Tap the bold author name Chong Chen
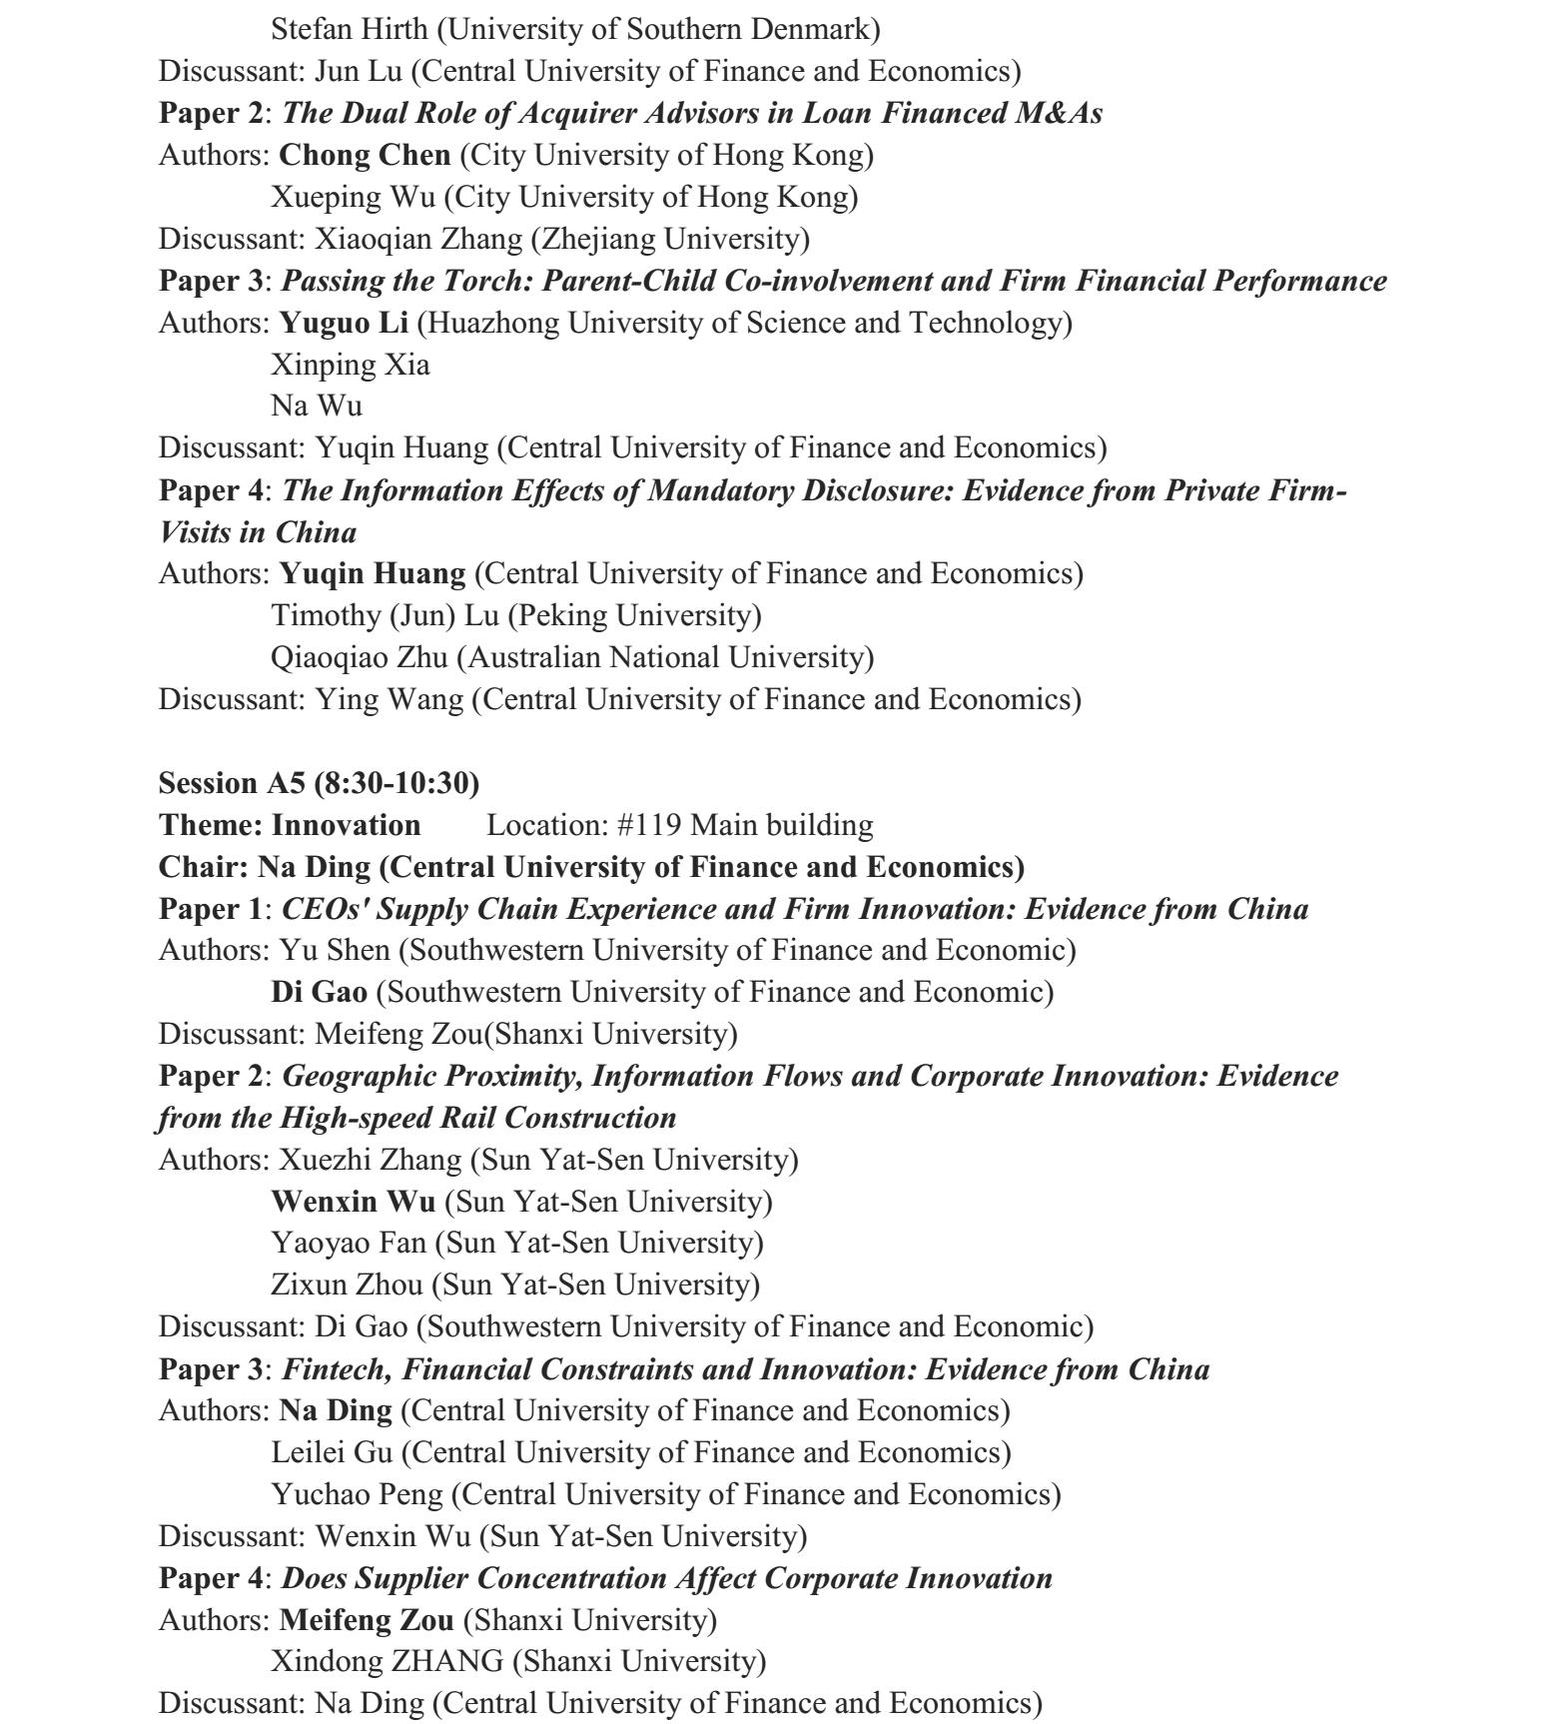click(365, 155)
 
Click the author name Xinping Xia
click(351, 365)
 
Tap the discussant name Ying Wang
click(389, 699)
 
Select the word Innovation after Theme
click(346, 825)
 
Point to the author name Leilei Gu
click(332, 1452)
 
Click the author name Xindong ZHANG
click(386, 1661)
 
